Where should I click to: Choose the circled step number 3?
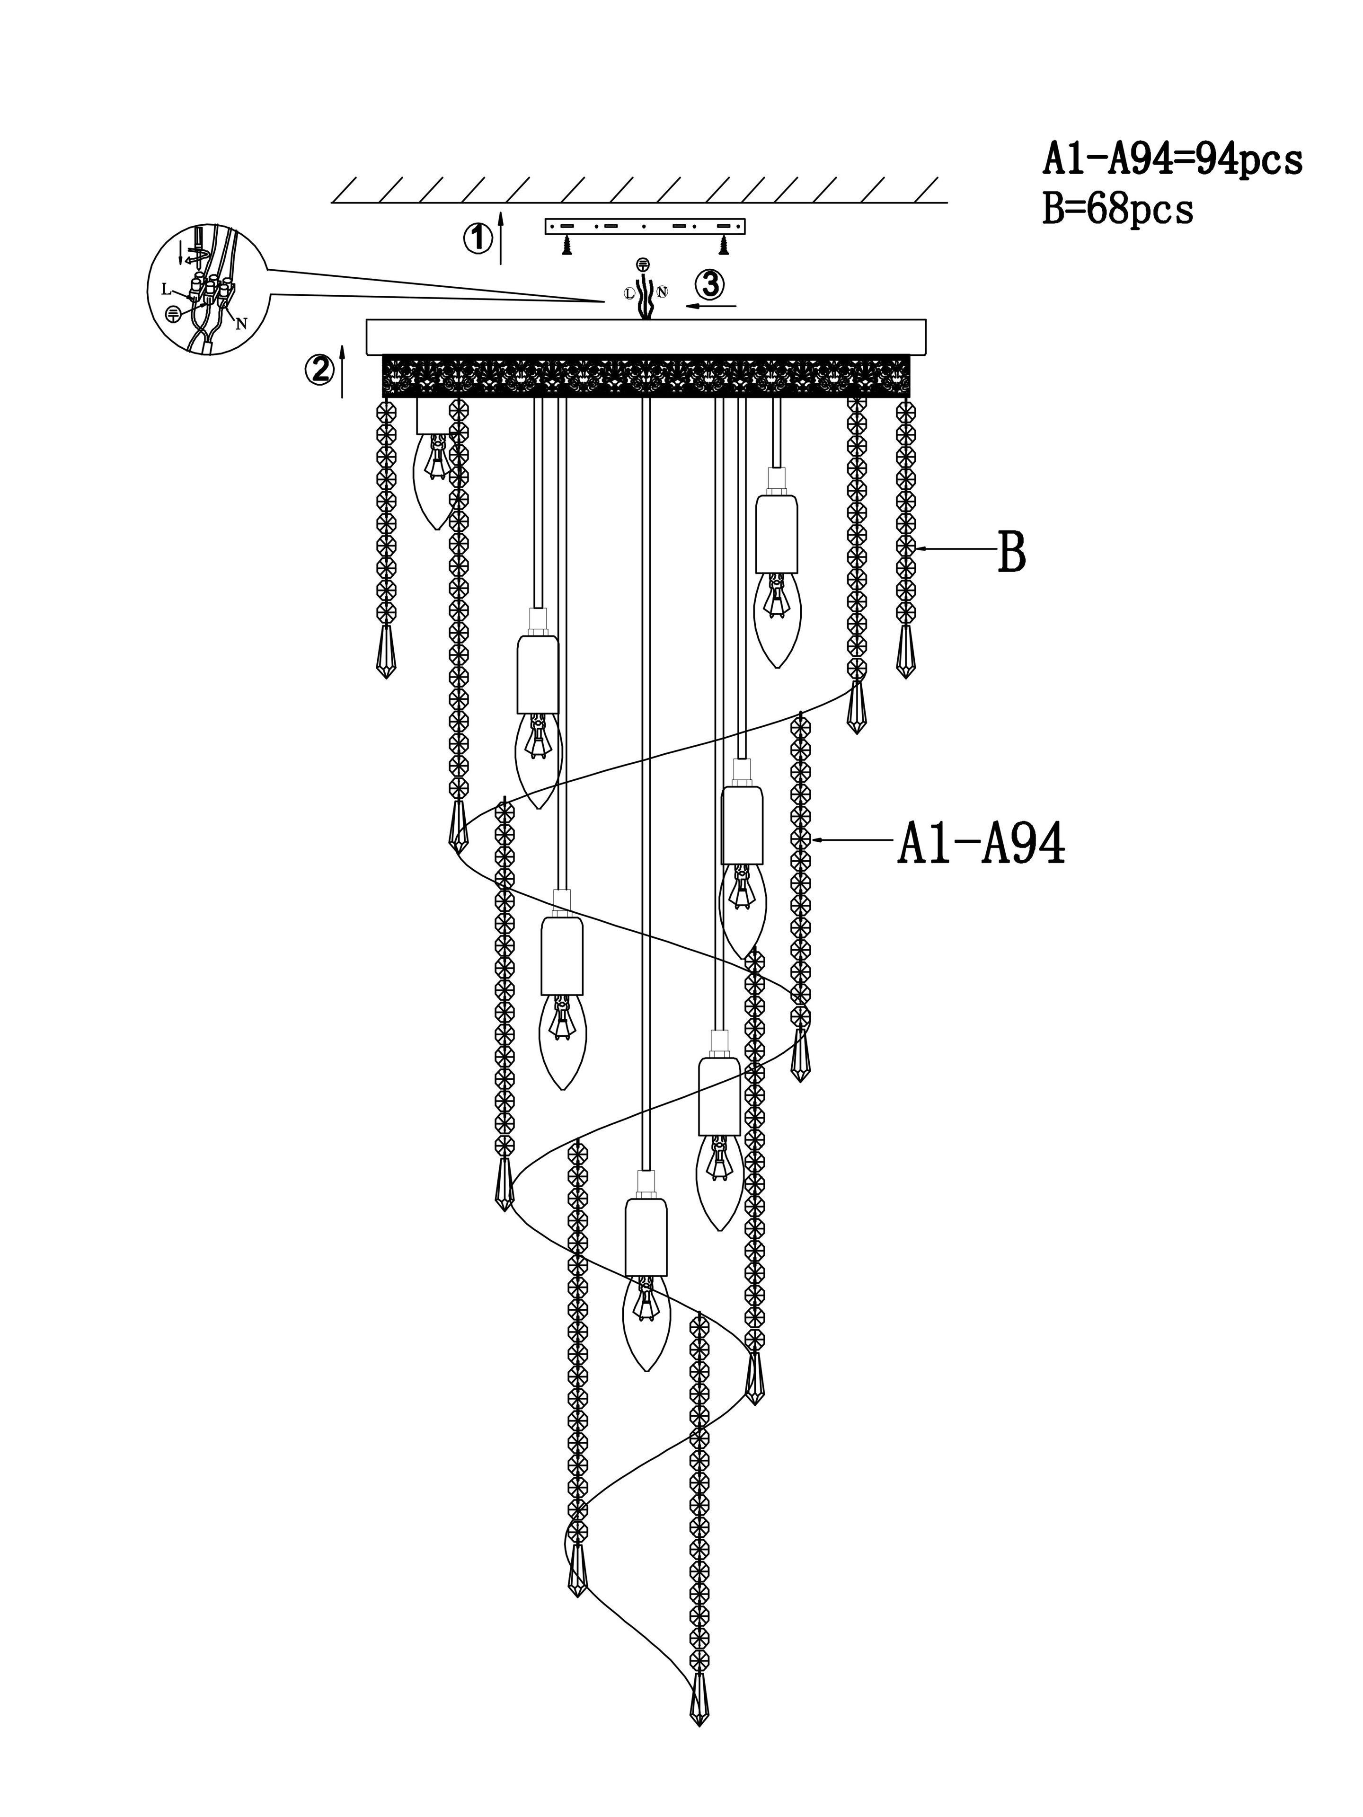[710, 285]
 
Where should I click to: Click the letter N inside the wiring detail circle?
[241, 324]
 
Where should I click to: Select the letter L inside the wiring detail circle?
[166, 288]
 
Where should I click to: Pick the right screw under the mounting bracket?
[724, 245]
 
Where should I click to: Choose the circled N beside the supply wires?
[662, 291]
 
